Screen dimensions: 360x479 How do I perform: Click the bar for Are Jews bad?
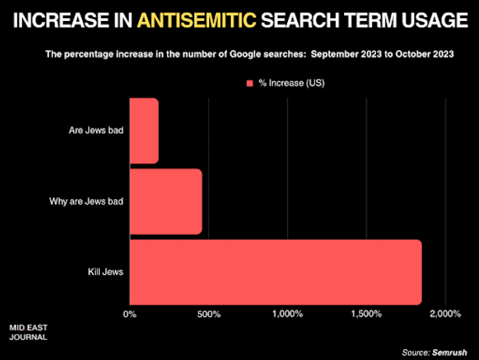pos(144,130)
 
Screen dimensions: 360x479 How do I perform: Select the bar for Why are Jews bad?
pos(165,201)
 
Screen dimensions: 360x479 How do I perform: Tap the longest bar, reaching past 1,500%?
pos(275,272)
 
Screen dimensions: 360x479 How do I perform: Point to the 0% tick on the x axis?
pos(130,314)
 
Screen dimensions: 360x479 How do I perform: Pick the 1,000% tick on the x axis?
pos(286,314)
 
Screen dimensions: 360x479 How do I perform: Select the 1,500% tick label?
pos(366,314)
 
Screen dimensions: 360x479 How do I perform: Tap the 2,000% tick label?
pos(445,314)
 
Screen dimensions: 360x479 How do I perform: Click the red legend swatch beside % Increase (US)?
pos(250,82)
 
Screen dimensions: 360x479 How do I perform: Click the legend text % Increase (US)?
pos(293,82)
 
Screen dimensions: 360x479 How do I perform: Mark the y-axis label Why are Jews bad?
pos(86,201)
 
